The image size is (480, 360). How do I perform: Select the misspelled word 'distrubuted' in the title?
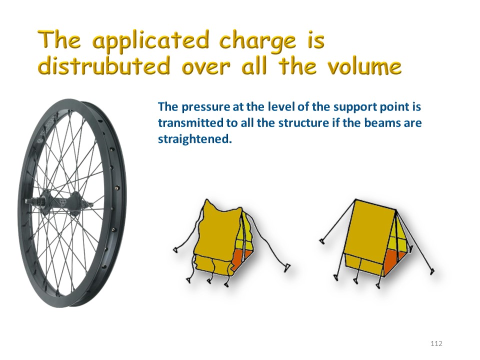104,65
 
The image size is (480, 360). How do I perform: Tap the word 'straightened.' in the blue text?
194,139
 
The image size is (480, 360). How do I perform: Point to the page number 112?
436,343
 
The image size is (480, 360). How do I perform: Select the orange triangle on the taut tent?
394,261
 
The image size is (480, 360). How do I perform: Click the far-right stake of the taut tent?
432,271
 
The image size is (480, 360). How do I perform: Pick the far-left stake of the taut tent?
321,241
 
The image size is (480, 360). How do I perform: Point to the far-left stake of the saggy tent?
176,249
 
